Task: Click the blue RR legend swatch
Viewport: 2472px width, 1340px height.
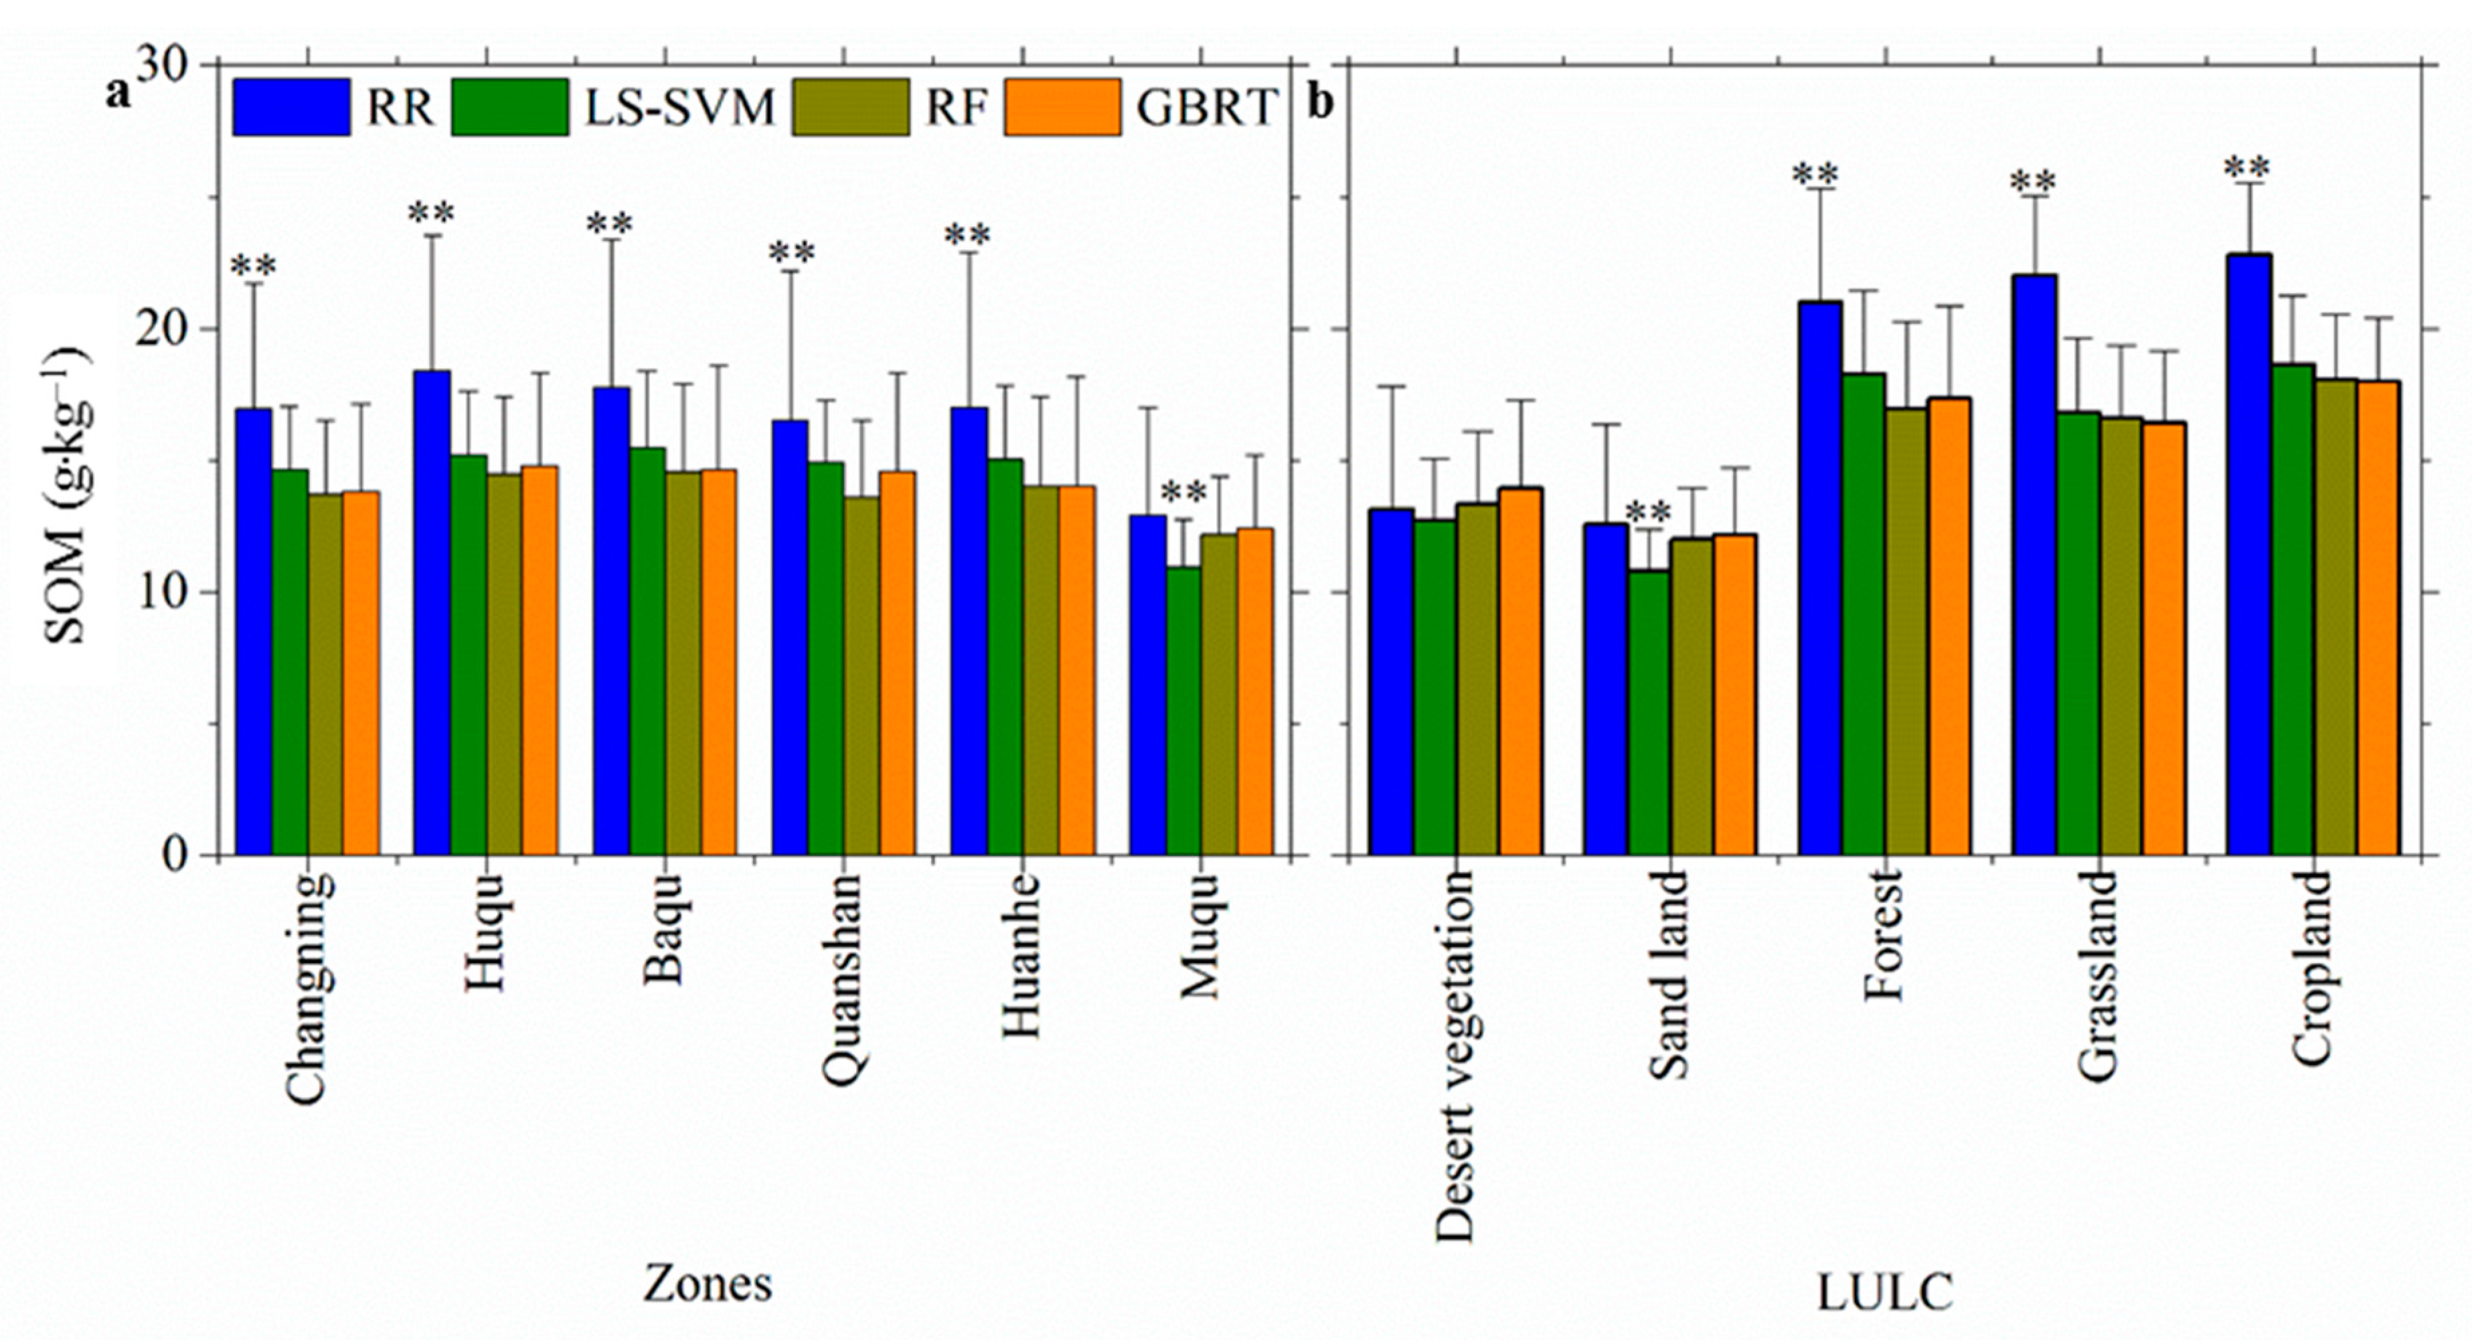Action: pyautogui.click(x=291, y=106)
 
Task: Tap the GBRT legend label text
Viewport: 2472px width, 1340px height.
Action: pyautogui.click(x=1207, y=106)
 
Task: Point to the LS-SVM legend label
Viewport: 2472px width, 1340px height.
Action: pyautogui.click(x=679, y=106)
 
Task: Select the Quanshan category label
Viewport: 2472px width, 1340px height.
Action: pyautogui.click(x=845, y=979)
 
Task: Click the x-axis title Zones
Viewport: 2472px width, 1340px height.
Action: pyautogui.click(x=708, y=1283)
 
